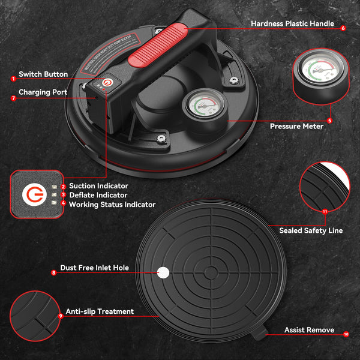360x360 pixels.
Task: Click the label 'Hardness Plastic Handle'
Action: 292,24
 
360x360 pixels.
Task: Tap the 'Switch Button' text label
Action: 43,74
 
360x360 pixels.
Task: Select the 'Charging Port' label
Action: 43,92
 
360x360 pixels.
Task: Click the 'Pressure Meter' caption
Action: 296,127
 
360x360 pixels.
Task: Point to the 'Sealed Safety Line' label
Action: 311,230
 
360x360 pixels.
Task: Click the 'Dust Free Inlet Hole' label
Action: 94,268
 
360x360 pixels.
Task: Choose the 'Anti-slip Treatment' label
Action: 99,311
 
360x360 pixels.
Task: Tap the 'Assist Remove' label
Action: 309,331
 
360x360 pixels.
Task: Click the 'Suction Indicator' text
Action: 98,187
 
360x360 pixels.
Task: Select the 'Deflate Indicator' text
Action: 98,195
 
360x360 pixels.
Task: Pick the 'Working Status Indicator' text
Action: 112,205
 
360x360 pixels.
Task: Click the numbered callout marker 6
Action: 343,28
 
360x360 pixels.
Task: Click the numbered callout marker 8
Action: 53,272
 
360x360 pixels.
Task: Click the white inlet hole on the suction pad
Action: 163,272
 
